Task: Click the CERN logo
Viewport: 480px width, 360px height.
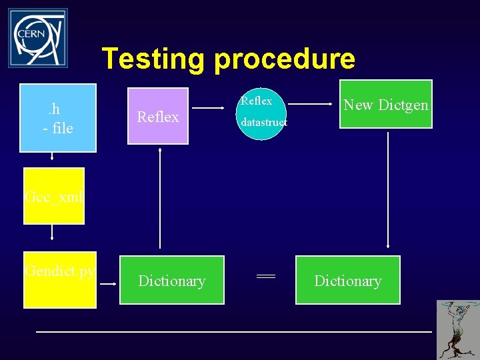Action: click(x=38, y=38)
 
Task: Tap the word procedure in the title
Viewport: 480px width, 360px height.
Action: click(x=285, y=59)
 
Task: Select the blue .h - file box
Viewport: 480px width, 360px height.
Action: click(x=58, y=118)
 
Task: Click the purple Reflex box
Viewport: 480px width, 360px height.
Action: click(x=159, y=117)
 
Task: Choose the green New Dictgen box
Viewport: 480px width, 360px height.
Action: click(x=386, y=104)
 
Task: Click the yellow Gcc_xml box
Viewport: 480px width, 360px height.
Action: click(x=54, y=196)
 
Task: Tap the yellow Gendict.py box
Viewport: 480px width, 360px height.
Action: click(x=60, y=280)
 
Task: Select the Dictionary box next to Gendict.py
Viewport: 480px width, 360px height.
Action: click(x=172, y=280)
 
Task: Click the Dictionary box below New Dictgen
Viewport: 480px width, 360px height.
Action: click(x=348, y=280)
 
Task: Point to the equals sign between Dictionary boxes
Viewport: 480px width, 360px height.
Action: click(x=266, y=276)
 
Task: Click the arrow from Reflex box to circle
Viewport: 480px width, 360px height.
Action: click(x=213, y=107)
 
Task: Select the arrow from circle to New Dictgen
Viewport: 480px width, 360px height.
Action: click(x=311, y=105)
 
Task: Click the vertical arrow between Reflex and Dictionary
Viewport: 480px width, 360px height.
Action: click(x=159, y=197)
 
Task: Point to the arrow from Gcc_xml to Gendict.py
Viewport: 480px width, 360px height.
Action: click(x=53, y=234)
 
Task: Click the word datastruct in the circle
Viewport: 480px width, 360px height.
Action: click(x=264, y=123)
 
